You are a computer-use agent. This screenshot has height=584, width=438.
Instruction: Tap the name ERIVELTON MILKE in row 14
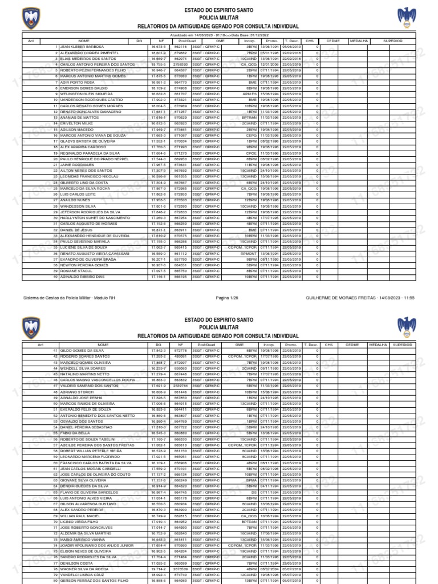(x=78, y=123)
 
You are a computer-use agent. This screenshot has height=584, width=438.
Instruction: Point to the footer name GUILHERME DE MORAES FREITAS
(x=342, y=298)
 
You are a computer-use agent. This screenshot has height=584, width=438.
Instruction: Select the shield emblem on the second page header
(x=32, y=327)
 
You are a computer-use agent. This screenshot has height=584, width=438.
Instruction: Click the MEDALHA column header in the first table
(x=358, y=41)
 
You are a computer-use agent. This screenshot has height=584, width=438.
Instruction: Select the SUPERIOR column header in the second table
(x=402, y=345)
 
